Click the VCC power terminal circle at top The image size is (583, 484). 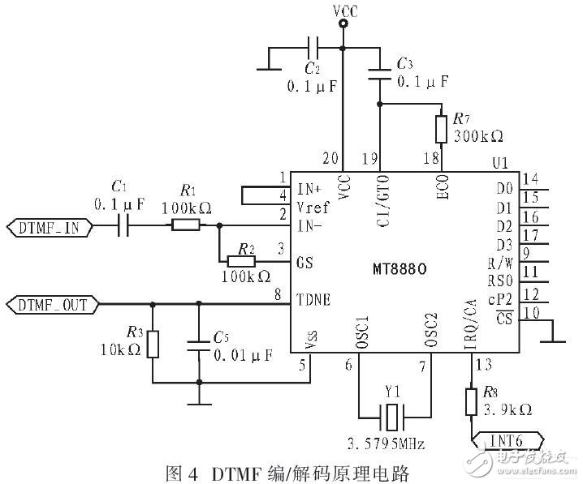pos(343,24)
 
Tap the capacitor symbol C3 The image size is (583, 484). pos(380,75)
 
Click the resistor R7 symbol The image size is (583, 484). pos(441,130)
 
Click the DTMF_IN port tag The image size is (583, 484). pos(48,228)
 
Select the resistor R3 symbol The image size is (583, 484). pos(153,344)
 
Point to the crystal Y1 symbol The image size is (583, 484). pos(394,419)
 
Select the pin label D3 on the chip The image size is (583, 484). pos(503,243)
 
